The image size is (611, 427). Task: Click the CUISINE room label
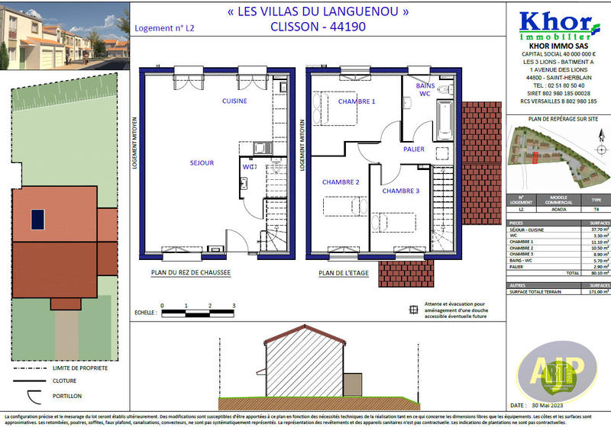(234, 101)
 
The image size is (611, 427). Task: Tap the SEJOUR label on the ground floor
(202, 162)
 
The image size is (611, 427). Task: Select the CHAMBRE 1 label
(357, 101)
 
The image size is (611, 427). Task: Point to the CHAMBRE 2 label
(341, 182)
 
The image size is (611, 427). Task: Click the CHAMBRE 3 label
(401, 191)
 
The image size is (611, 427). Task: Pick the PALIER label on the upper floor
(414, 149)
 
